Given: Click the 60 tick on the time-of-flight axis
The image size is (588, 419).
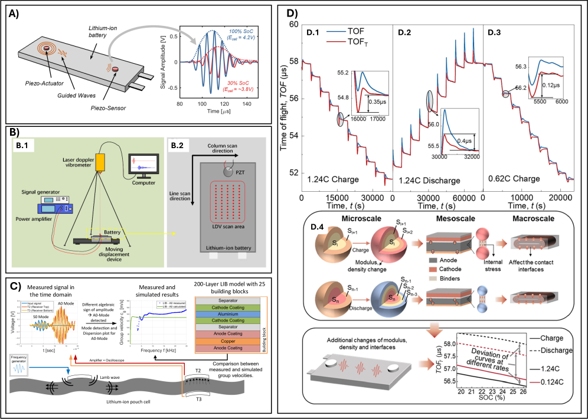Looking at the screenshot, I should [295, 25].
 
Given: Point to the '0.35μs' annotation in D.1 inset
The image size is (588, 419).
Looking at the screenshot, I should [375, 101].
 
